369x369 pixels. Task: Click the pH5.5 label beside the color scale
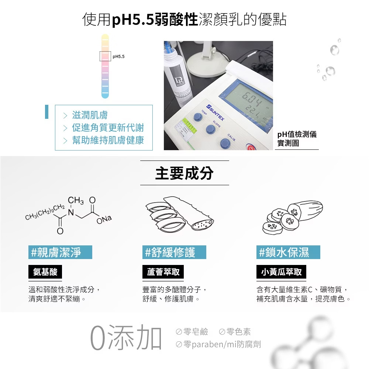(118, 57)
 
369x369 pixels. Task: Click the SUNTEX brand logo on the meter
(215, 112)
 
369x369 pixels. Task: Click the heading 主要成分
(184, 173)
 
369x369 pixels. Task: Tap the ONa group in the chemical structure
(104, 219)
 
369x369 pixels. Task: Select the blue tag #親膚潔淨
(61, 252)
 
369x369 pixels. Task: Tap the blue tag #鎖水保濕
(288, 252)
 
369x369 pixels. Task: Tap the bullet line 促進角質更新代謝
(108, 128)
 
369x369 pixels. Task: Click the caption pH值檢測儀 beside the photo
(297, 135)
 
